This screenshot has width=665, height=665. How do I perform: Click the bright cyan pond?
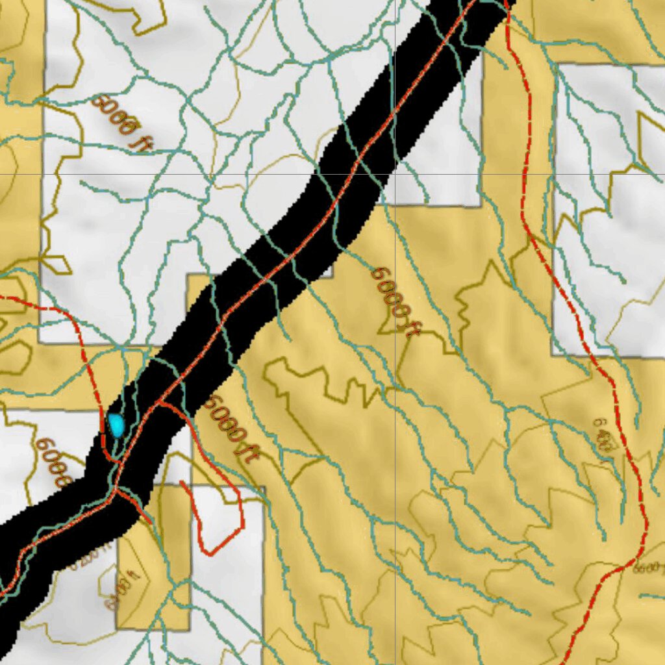click(x=117, y=425)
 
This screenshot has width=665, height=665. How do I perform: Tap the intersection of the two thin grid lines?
click(x=395, y=174)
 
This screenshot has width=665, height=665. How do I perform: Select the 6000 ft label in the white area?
click(x=121, y=123)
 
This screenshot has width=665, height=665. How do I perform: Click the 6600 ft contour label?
click(x=649, y=569)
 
